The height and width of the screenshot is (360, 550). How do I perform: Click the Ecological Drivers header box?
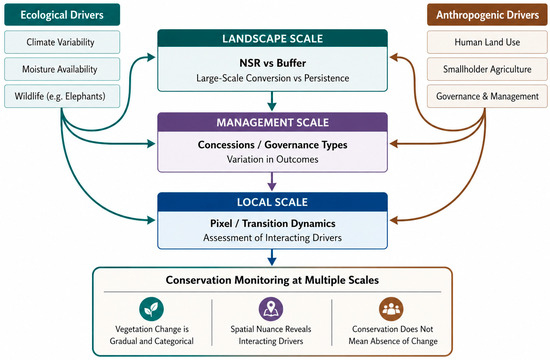(62, 15)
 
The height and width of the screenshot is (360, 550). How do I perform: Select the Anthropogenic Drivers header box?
(487, 15)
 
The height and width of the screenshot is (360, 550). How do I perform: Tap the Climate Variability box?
(62, 42)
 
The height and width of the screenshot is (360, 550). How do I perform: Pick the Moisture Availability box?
(62, 69)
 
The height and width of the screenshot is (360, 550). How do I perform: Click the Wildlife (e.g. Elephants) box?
(62, 96)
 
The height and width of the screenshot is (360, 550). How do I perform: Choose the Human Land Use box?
(487, 42)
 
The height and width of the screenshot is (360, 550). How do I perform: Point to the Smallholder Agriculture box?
(487, 69)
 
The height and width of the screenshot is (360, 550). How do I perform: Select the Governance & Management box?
(487, 96)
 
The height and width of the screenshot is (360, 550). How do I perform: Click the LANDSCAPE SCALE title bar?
(273, 38)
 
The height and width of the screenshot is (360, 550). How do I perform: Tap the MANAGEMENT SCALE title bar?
(273, 122)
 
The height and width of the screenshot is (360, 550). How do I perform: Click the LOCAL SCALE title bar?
(273, 202)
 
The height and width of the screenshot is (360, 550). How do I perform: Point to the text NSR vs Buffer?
(273, 63)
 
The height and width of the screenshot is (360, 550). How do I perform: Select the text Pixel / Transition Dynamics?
(273, 224)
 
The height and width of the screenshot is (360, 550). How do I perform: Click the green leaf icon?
(151, 309)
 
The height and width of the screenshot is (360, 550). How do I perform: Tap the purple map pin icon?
(271, 309)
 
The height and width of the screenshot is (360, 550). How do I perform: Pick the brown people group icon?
(391, 309)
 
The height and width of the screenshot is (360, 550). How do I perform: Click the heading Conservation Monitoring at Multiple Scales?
(272, 280)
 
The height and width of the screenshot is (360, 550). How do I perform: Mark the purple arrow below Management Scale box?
(272, 181)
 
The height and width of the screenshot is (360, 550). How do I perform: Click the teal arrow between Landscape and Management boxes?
(272, 101)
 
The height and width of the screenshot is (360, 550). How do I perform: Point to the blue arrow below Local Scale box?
(272, 257)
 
